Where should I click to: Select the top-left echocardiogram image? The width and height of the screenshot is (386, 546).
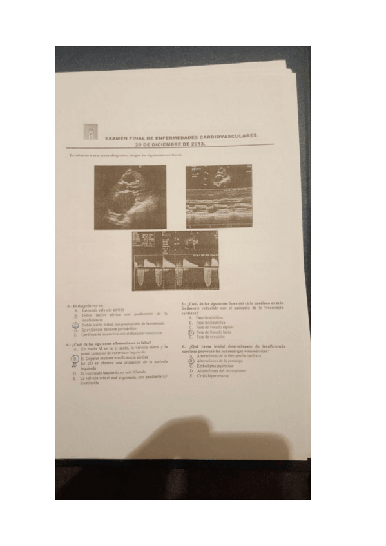130,197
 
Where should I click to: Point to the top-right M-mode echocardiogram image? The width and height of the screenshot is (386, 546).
218,196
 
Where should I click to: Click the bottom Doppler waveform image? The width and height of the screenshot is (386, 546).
174,260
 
